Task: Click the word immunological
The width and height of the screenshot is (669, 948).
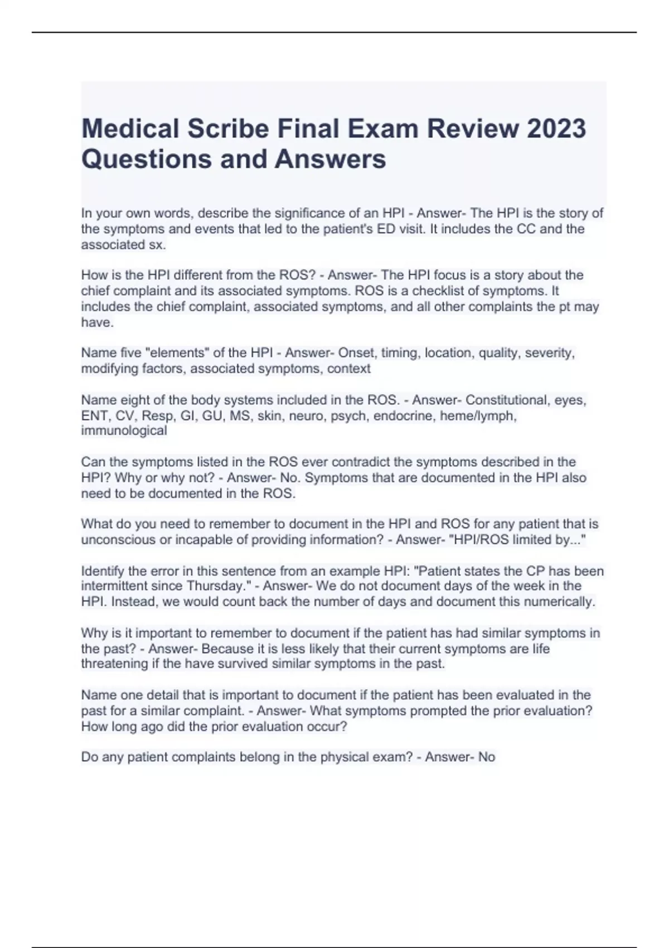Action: click(x=124, y=431)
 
